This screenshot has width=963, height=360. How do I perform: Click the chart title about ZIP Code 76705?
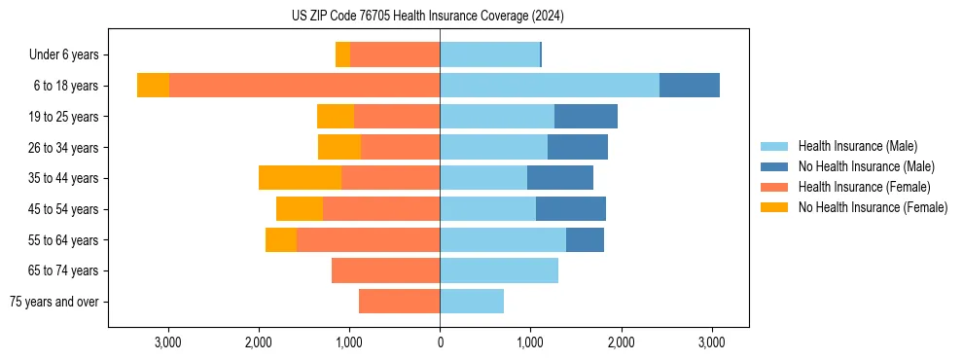(428, 17)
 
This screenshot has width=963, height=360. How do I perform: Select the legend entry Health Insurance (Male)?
(857, 146)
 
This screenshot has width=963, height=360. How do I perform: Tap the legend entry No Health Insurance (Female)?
(872, 207)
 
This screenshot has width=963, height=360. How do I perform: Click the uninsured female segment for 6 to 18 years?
(153, 86)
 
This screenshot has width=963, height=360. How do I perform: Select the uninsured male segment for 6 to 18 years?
(690, 86)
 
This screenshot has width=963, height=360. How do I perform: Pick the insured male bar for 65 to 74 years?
(499, 270)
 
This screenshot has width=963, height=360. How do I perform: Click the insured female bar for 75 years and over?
(399, 302)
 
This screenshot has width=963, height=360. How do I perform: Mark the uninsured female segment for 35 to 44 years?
(300, 178)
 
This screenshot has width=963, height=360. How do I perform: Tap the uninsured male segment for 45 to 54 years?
(571, 209)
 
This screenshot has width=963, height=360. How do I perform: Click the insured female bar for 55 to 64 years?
(368, 240)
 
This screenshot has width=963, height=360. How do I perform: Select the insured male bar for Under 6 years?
(489, 55)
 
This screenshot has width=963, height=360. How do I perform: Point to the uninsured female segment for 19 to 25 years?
(336, 117)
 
